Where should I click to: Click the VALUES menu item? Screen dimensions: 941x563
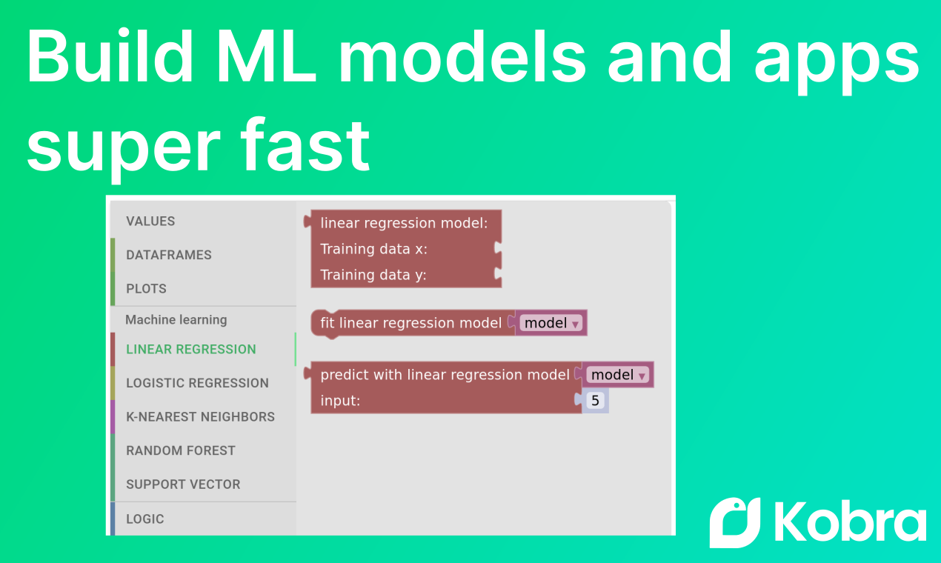click(150, 221)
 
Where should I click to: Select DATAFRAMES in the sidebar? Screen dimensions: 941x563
click(169, 255)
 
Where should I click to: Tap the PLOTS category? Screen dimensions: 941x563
click(146, 289)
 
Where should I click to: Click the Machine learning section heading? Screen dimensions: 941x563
click(176, 320)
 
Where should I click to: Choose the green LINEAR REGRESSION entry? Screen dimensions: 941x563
click(191, 349)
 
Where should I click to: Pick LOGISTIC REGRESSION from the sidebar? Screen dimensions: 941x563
click(197, 383)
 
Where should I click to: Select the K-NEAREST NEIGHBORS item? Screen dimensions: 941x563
click(200, 417)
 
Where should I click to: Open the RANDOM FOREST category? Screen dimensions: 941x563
click(181, 450)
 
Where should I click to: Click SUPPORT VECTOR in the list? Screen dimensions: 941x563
click(183, 484)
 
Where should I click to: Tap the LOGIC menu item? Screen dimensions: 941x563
click(145, 519)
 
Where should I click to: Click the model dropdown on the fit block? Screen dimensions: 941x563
click(551, 323)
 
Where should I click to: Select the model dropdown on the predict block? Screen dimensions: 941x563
click(618, 374)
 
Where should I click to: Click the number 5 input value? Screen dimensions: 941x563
click(595, 401)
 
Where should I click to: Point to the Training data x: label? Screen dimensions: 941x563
click(374, 249)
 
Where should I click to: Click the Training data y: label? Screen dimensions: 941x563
click(373, 275)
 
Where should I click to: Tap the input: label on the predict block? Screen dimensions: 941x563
click(340, 401)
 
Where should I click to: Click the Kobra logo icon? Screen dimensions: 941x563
click(735, 523)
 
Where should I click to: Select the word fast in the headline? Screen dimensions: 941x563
click(305, 145)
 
